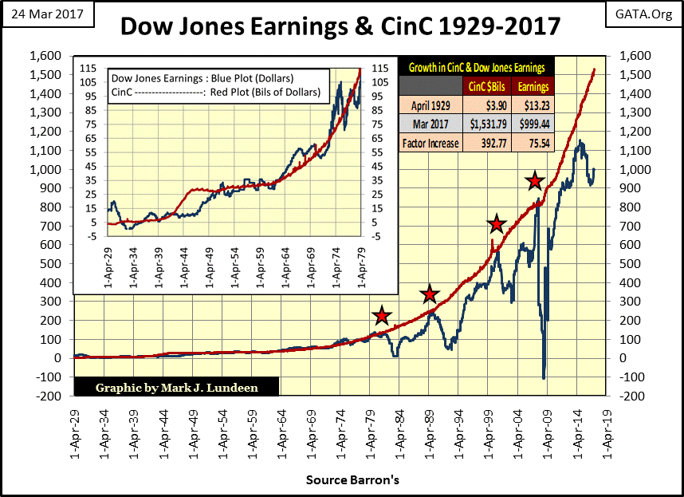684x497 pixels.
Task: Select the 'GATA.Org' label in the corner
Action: tap(643, 14)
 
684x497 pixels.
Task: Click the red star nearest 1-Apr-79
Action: tap(382, 316)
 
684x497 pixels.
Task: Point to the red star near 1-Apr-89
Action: tap(430, 294)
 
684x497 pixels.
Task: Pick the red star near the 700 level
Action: tap(497, 224)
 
